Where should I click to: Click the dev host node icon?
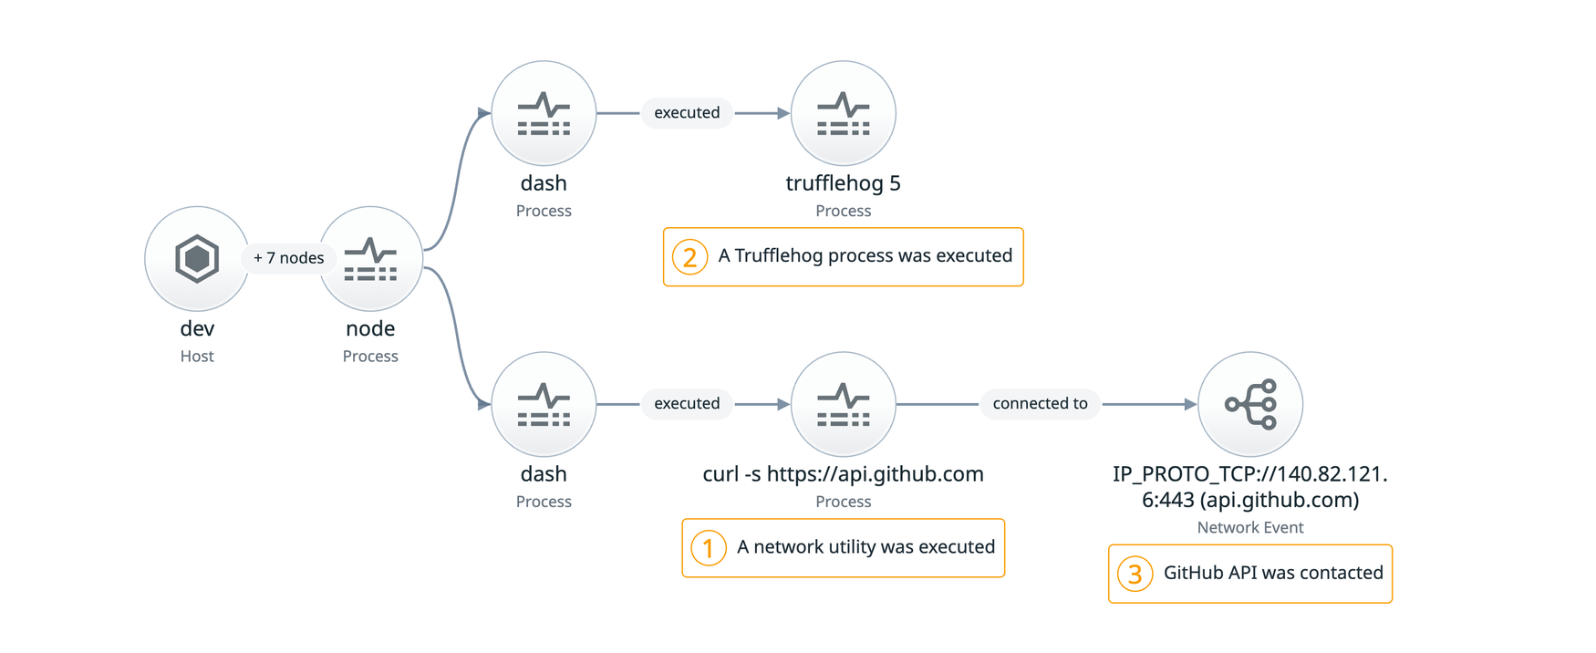point(197,259)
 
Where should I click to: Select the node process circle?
point(370,259)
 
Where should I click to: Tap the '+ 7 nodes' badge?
point(288,258)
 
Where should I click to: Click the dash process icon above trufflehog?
point(544,113)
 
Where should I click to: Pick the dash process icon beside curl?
point(544,404)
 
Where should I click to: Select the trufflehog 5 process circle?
point(843,113)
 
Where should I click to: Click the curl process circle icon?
point(843,404)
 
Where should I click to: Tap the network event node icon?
point(1249,404)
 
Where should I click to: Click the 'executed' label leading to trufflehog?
point(687,112)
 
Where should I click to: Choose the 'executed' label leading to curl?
point(687,403)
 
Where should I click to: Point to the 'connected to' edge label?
point(1040,403)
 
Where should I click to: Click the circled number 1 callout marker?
point(709,548)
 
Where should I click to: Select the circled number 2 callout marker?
point(689,257)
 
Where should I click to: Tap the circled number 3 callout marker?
point(1135,574)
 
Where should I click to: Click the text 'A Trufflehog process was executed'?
point(865,256)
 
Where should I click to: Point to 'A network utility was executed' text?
point(865,547)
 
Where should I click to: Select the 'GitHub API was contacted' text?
point(1273,573)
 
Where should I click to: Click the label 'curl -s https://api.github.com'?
point(843,474)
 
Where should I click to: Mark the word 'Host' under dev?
point(197,357)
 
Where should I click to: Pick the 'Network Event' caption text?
point(1249,527)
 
